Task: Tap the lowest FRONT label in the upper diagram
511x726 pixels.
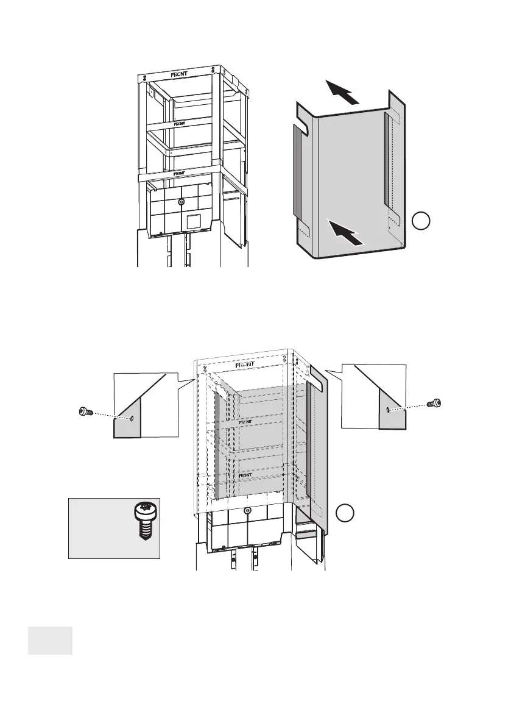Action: coord(180,173)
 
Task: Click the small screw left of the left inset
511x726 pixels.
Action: coord(86,412)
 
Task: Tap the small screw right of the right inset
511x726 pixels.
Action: coord(434,403)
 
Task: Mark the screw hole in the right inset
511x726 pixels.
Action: coord(389,410)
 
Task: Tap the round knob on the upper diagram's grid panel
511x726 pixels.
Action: coord(181,202)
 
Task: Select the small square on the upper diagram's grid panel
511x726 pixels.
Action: coord(193,221)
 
